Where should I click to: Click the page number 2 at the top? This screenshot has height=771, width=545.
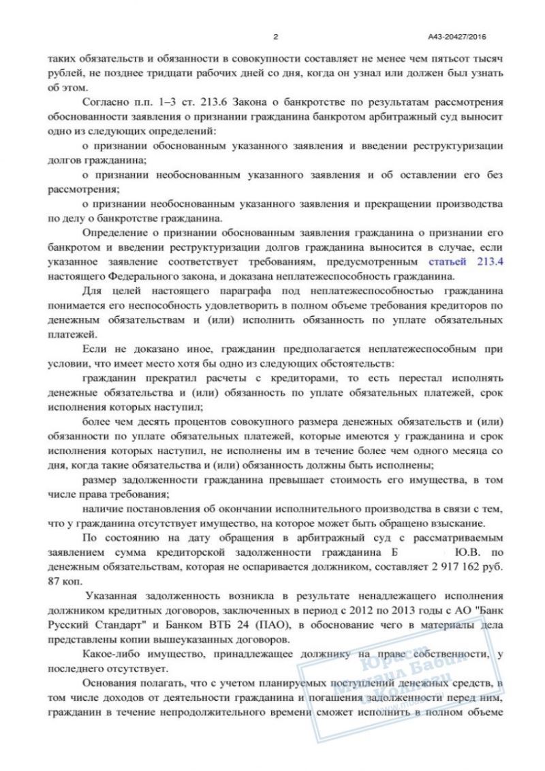coord(275,37)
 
